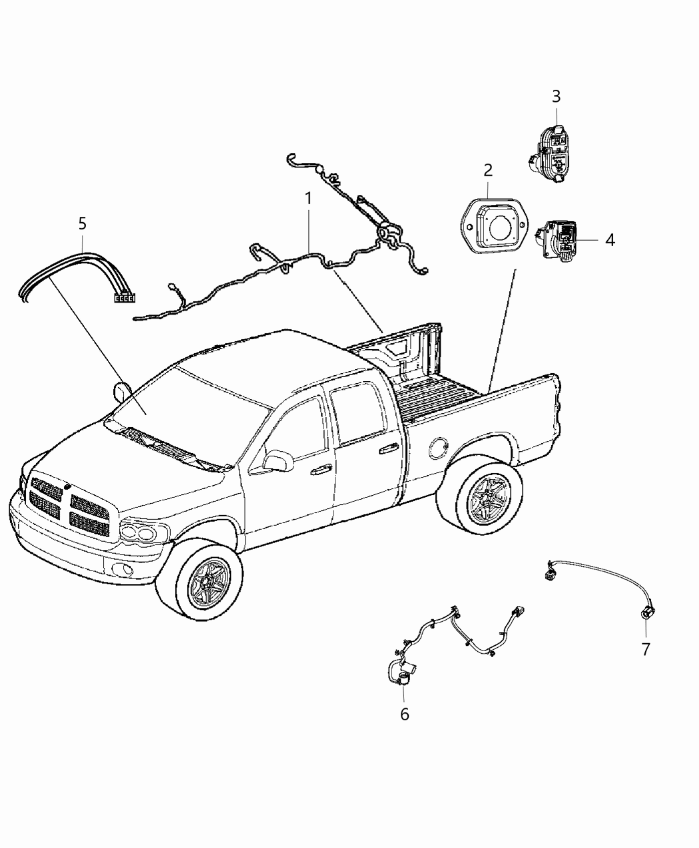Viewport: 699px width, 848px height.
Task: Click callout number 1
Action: pos(308,198)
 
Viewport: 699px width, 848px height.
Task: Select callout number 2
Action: pos(488,170)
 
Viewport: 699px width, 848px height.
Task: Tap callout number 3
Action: pos(556,96)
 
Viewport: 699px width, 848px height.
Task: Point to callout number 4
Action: pos(610,239)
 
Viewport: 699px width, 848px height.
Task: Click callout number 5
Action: pos(83,223)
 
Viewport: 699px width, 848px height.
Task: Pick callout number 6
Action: pos(404,714)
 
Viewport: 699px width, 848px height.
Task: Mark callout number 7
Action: pos(646,649)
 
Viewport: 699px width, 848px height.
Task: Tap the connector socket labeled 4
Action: pos(561,242)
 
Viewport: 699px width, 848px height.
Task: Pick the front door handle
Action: pos(321,470)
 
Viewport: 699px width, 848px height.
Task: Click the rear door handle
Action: pos(385,452)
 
